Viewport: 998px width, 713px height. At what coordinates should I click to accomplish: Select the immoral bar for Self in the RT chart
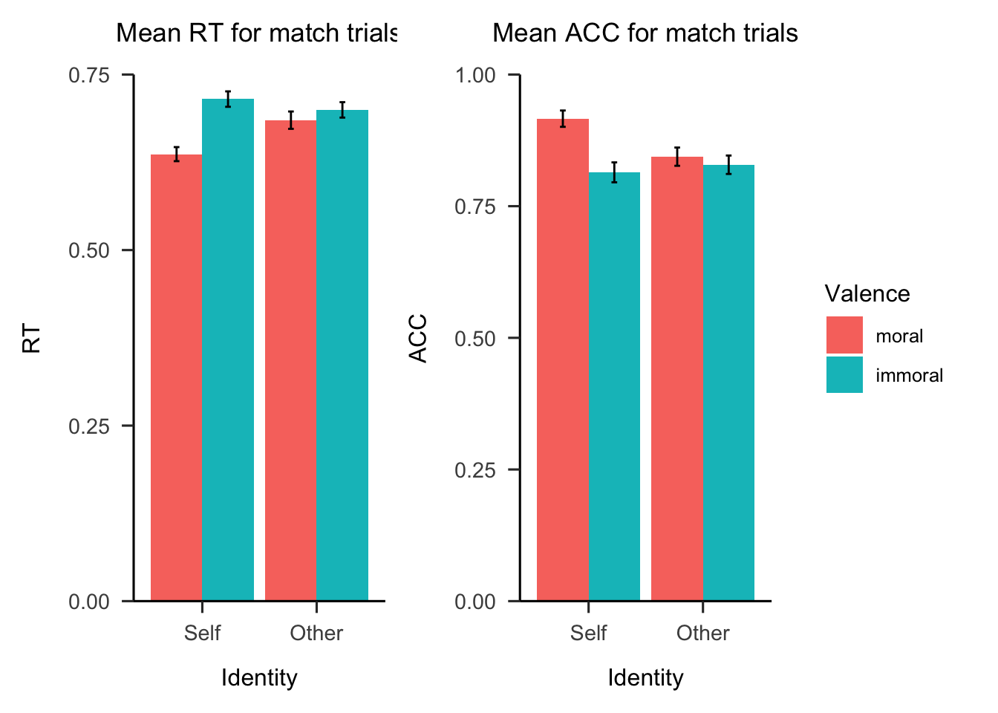pyautogui.click(x=228, y=349)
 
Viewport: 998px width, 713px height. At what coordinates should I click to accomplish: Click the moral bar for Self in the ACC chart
pyautogui.click(x=563, y=359)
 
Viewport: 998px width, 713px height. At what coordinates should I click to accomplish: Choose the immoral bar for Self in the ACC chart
pyautogui.click(x=615, y=386)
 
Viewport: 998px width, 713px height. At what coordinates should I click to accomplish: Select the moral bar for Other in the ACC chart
pyautogui.click(x=677, y=379)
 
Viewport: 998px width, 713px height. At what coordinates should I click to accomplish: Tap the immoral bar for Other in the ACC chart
pyautogui.click(x=729, y=382)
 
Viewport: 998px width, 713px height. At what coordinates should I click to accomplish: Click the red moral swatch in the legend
pyautogui.click(x=844, y=335)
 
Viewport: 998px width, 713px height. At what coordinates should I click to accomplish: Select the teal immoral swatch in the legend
pyautogui.click(x=844, y=375)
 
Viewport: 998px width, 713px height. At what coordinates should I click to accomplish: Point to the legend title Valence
pyautogui.click(x=867, y=294)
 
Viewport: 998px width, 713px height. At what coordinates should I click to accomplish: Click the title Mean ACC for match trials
pyautogui.click(x=645, y=33)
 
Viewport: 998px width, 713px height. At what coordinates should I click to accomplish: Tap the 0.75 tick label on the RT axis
pyautogui.click(x=89, y=75)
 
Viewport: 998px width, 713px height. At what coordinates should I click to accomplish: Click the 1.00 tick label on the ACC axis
pyautogui.click(x=475, y=75)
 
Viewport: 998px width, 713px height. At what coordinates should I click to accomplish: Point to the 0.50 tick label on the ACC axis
pyautogui.click(x=475, y=338)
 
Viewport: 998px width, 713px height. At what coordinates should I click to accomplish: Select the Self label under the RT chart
pyautogui.click(x=202, y=633)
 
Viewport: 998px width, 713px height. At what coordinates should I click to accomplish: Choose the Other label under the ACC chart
pyautogui.click(x=702, y=633)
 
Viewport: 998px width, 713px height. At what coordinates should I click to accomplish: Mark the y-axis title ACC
pyautogui.click(x=419, y=338)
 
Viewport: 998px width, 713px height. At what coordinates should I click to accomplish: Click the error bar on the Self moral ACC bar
pyautogui.click(x=563, y=119)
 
